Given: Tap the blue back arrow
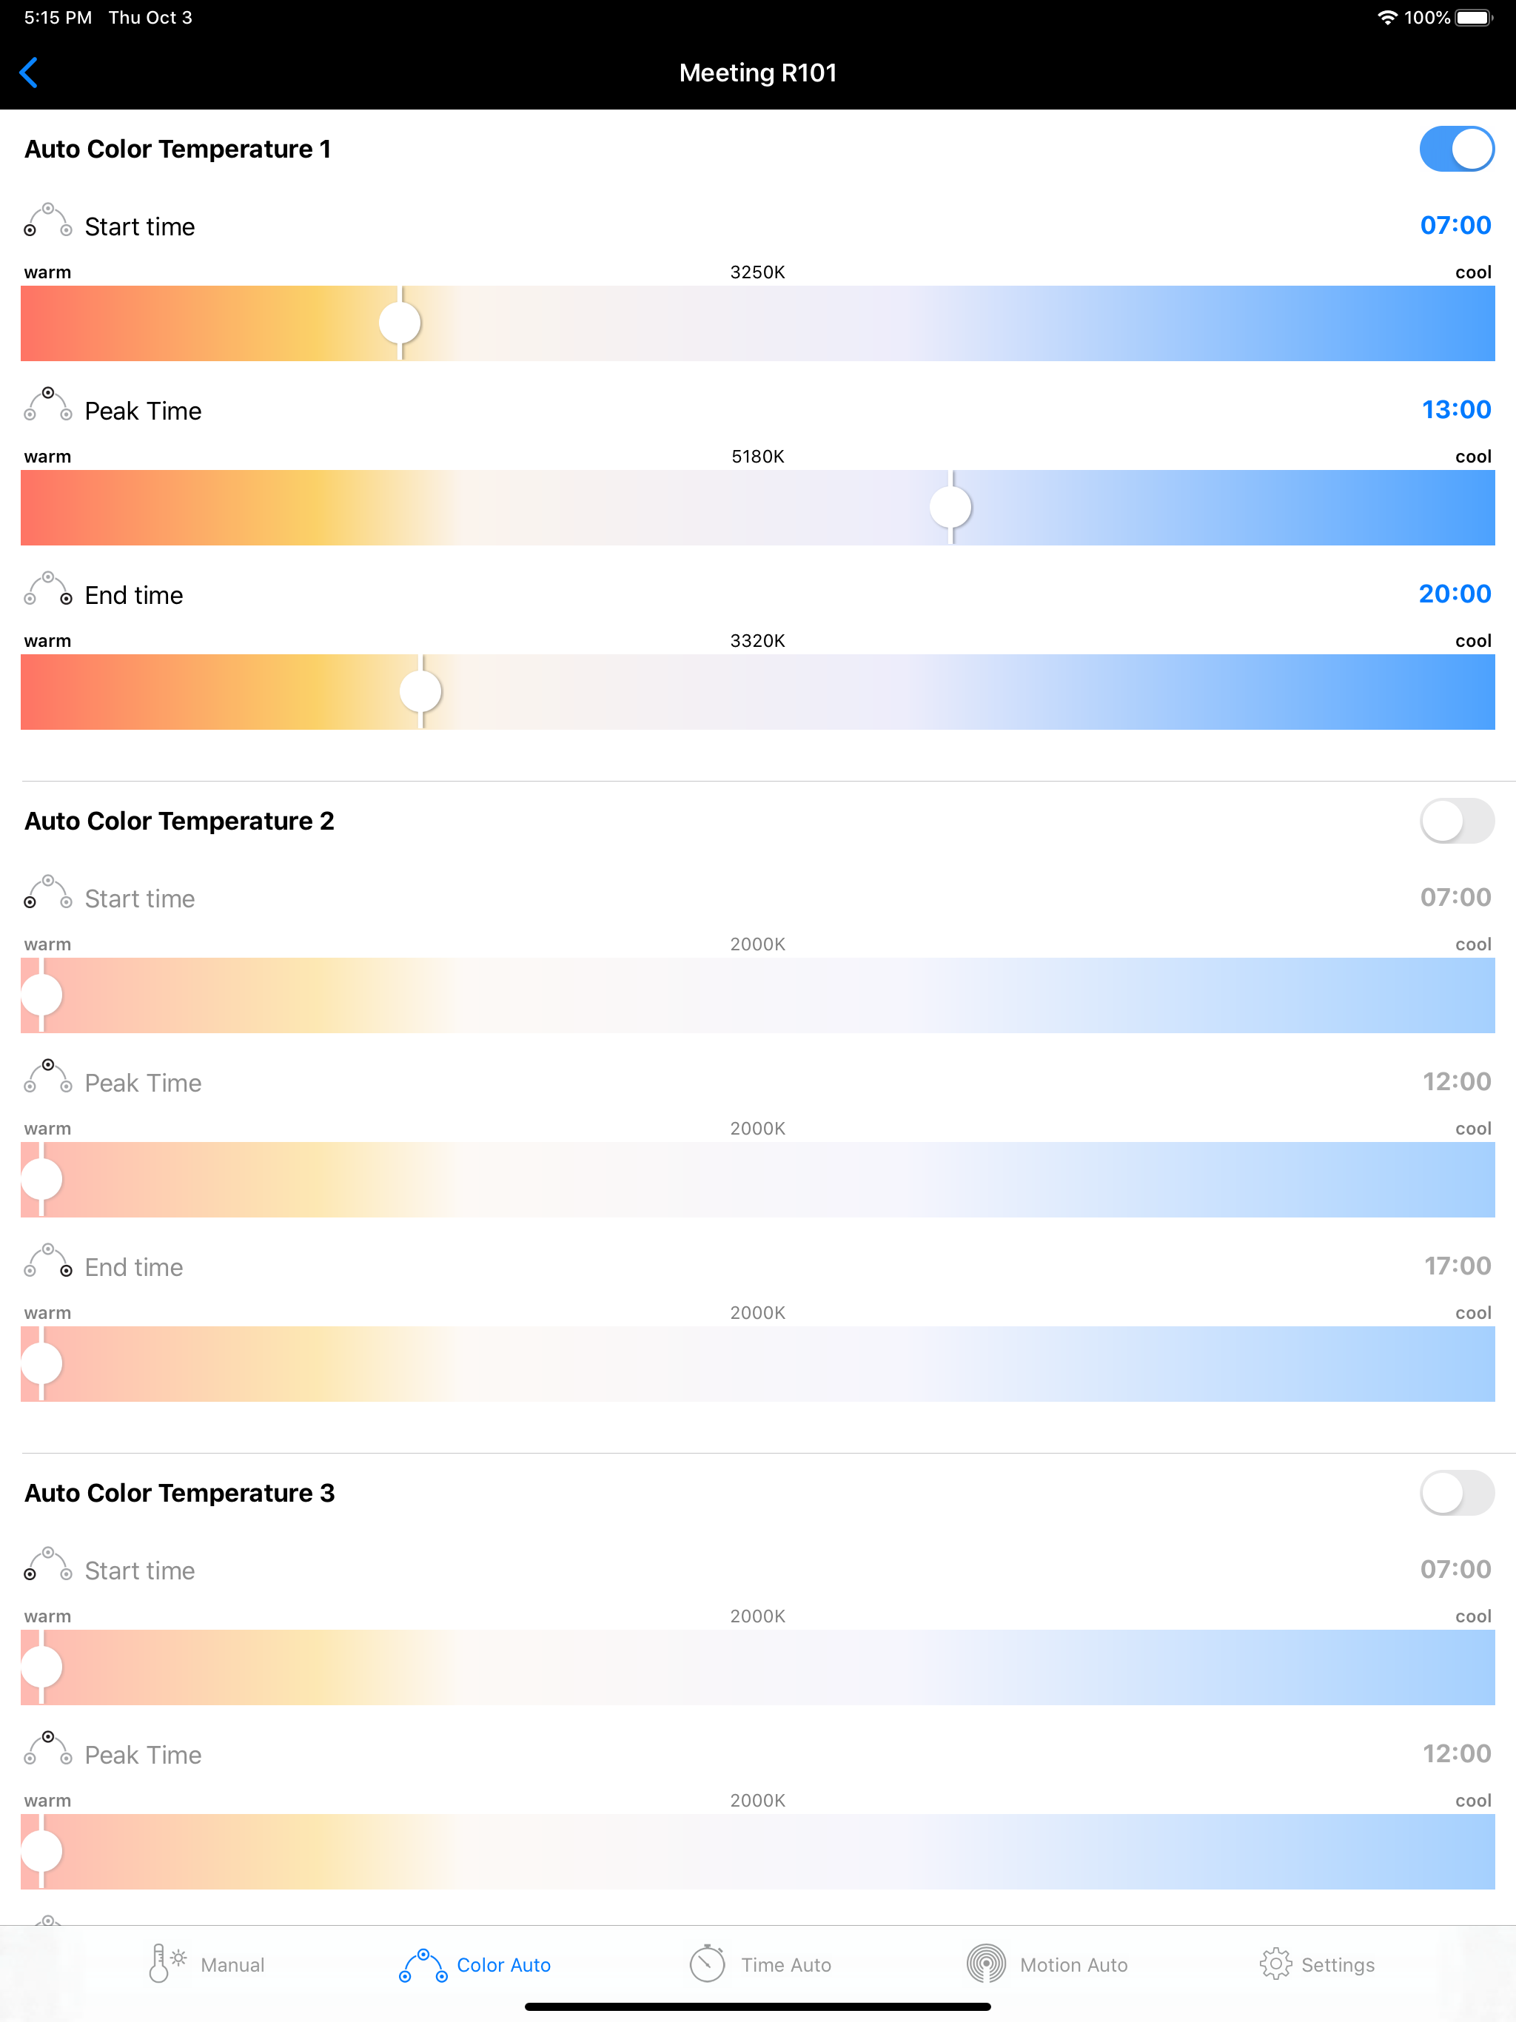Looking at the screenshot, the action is (28, 73).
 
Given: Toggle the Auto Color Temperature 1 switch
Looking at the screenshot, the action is (1457, 149).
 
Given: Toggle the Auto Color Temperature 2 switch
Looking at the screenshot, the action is (1457, 821).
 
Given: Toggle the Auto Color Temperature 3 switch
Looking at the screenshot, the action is (1457, 1493).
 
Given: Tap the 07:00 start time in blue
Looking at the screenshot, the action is (1455, 225).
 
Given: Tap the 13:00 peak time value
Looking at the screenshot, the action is (1455, 409).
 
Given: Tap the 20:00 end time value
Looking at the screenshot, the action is (1455, 594).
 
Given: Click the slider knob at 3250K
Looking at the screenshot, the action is (400, 323).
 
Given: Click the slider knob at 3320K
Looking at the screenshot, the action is (420, 692).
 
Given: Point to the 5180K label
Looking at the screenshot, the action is (758, 456).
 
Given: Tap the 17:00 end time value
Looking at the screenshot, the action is (1458, 1266).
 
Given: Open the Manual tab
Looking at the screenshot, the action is (207, 1964).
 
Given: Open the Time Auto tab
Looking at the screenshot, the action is (759, 1964).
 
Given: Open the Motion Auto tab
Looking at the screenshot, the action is (1047, 1964).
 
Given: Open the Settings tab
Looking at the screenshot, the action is (1317, 1964).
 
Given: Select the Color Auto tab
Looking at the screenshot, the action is (474, 1964).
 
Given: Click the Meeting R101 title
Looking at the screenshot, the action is (758, 73).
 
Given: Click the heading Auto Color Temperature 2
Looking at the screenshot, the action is (179, 821).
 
